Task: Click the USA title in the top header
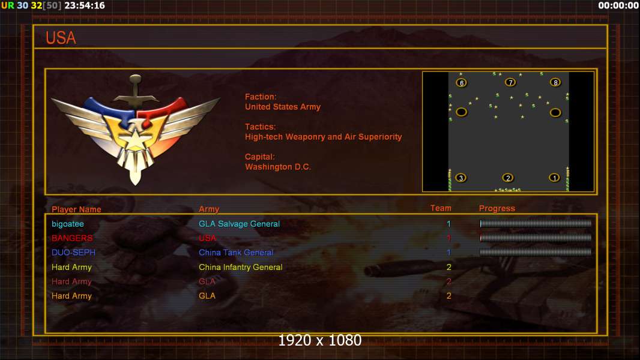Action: coord(61,38)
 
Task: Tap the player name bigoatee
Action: coord(68,224)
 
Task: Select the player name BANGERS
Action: coord(72,238)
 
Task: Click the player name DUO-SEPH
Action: coord(73,253)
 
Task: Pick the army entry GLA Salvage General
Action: coord(239,224)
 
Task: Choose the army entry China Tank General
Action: coord(236,253)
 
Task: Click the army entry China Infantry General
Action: coord(240,267)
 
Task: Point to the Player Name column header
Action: coord(76,209)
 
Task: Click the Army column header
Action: coord(209,209)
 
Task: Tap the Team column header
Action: coord(441,208)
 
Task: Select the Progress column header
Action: coord(497,208)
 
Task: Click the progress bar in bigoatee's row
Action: coord(536,223)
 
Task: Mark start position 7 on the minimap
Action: coord(510,82)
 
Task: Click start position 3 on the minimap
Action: coord(461,178)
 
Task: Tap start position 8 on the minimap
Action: coord(555,82)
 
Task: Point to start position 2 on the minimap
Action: coord(508,178)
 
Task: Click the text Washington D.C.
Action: coord(278,167)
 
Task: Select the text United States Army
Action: coord(283,107)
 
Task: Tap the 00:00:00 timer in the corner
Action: coord(618,5)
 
